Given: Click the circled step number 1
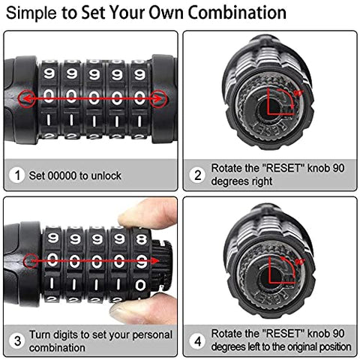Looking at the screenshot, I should pos(16,175).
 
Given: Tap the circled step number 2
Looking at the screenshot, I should pos(198,175).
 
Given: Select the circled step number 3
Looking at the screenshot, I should pos(16,340).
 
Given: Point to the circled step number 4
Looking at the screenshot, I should pos(198,340).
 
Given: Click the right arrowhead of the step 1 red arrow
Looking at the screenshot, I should pos(160,97).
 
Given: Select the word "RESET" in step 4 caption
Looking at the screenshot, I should pos(271,334).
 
